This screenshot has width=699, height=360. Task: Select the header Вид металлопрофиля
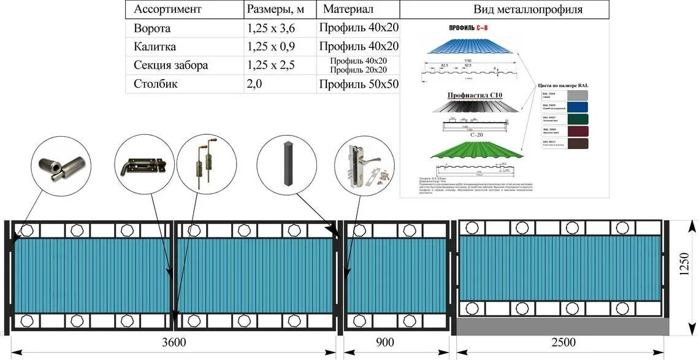pos(528,10)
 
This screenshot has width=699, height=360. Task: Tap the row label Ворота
pos(152,29)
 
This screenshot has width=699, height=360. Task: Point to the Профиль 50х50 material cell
pos(359,85)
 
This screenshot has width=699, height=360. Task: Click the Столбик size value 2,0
pos(254,84)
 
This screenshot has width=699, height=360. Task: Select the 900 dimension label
pos(384,342)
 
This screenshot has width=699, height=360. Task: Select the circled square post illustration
pos(287,164)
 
